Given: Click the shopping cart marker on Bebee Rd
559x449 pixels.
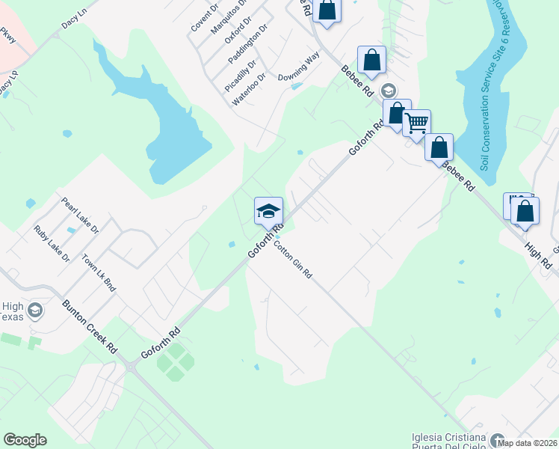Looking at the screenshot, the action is pyautogui.click(x=416, y=123).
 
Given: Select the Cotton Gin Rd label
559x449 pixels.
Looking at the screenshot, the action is pyautogui.click(x=292, y=260).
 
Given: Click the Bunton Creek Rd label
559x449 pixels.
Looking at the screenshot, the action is pyautogui.click(x=90, y=327).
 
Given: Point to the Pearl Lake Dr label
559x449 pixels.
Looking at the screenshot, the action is pyautogui.click(x=80, y=216).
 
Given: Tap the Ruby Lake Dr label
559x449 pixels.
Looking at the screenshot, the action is pyautogui.click(x=52, y=244).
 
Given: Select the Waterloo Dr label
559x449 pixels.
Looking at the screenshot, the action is pyautogui.click(x=249, y=89).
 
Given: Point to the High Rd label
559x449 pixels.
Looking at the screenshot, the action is pyautogui.click(x=537, y=254).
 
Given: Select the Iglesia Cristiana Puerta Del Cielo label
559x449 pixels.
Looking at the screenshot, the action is pyautogui.click(x=449, y=442).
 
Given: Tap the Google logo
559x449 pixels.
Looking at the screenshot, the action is pyautogui.click(x=25, y=440).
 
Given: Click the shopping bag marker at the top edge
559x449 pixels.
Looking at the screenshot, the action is pyautogui.click(x=327, y=11).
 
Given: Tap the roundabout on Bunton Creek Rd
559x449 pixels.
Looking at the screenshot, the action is pyautogui.click(x=132, y=366).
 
